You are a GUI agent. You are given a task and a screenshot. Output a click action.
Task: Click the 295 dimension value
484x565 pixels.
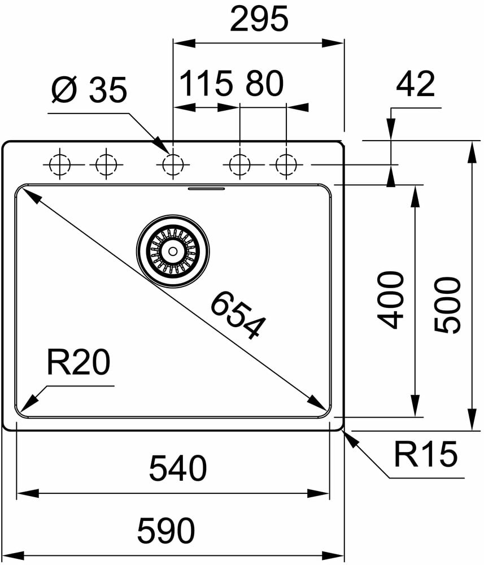point(259,20)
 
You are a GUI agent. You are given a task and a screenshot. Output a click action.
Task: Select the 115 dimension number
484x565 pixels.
point(206,84)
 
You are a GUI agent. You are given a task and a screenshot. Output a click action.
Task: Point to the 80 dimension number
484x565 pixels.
point(264,84)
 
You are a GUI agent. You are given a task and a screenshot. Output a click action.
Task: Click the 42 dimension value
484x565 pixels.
point(415,84)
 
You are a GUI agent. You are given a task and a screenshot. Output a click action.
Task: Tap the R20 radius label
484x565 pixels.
point(78,363)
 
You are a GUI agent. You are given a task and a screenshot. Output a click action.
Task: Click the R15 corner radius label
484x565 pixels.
point(425,455)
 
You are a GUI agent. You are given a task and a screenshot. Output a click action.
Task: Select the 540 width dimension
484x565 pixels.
point(178,469)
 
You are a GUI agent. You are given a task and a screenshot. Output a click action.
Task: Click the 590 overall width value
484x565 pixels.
point(167,531)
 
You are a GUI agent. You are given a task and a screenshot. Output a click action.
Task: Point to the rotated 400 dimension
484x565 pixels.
point(391,299)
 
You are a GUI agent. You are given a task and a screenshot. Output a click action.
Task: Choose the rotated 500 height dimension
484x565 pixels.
point(448,305)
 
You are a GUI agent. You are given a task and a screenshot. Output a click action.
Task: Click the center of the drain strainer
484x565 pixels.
point(172,250)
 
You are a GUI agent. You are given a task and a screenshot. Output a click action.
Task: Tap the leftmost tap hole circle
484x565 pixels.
point(59,165)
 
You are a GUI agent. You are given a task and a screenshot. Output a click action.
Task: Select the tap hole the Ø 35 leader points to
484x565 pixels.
point(172,165)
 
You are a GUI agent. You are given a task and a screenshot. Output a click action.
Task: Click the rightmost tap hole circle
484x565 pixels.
point(286,165)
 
